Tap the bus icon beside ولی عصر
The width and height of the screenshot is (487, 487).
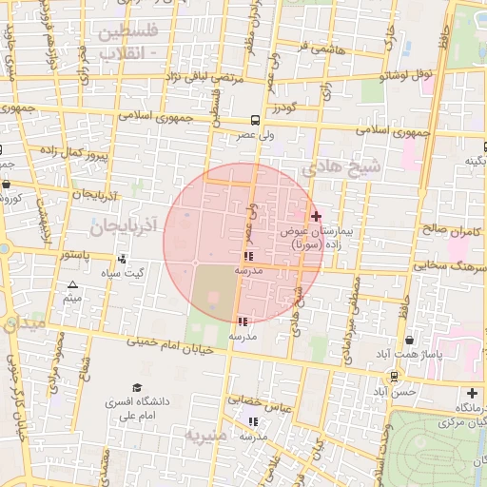coord(255,121)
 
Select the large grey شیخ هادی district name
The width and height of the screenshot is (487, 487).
coord(341,166)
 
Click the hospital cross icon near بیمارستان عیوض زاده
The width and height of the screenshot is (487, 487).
coord(317,217)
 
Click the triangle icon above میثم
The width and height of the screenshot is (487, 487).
coord(73,284)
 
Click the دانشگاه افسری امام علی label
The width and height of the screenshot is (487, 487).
coord(138,409)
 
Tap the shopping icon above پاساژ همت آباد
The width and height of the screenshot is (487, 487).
coord(409,340)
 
